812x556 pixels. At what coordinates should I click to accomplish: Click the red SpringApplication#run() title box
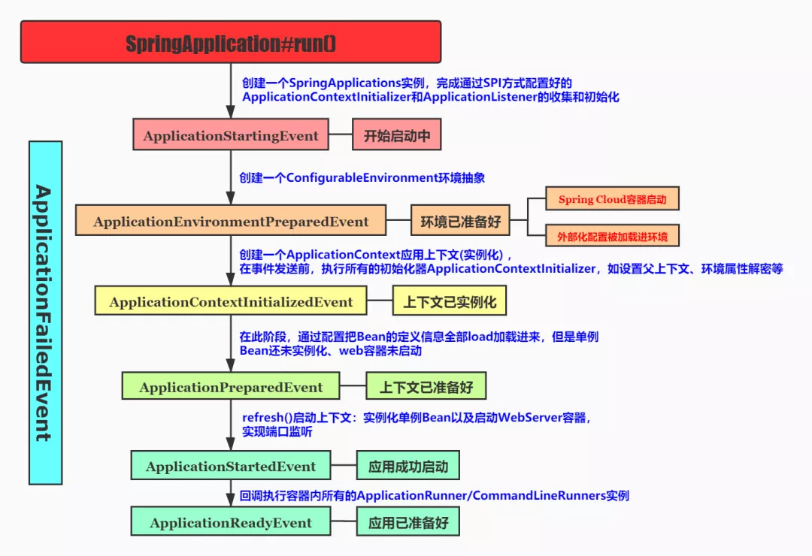click(x=230, y=42)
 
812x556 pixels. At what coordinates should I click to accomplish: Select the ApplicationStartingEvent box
click(x=231, y=136)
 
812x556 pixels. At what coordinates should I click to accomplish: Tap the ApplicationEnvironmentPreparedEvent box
click(x=231, y=222)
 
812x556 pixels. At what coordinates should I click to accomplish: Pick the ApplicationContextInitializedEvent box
click(x=231, y=302)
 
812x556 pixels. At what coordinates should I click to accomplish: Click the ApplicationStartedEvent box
click(x=231, y=467)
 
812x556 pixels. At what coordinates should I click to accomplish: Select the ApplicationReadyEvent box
click(x=231, y=523)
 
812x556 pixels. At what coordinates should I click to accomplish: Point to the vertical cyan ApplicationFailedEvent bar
click(x=45, y=313)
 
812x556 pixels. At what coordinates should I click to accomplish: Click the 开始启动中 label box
click(x=396, y=136)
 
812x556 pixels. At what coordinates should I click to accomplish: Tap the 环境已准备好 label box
click(x=460, y=222)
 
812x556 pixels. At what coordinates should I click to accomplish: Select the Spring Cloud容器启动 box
click(x=612, y=200)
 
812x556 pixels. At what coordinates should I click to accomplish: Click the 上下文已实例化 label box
click(x=450, y=302)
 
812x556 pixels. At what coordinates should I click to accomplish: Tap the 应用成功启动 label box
click(x=408, y=467)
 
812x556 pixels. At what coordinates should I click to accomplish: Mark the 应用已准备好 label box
click(x=408, y=523)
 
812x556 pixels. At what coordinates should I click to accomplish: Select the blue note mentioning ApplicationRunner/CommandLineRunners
click(x=434, y=496)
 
